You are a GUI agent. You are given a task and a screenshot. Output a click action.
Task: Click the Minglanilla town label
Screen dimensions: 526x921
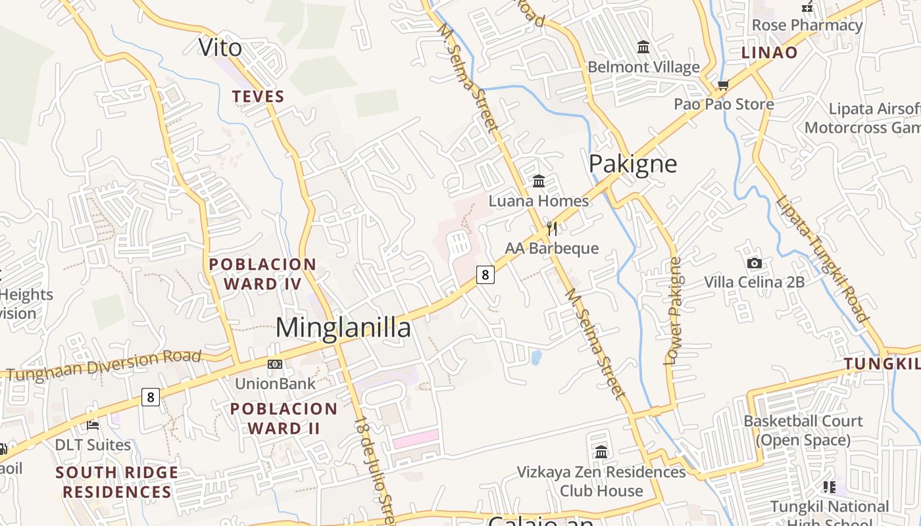pos(343,327)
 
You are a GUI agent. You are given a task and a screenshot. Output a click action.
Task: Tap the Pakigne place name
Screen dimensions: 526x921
pos(632,164)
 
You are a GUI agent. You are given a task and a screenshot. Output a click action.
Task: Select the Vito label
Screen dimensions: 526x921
pos(220,47)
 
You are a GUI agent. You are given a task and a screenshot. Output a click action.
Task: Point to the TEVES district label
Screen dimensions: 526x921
pos(258,97)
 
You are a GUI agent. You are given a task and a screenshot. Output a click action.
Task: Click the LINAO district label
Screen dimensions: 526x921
pos(770,53)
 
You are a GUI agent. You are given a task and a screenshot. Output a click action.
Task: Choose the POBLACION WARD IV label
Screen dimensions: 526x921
pos(262,274)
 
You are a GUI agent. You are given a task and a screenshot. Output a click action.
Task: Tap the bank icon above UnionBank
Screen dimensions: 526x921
pos(275,364)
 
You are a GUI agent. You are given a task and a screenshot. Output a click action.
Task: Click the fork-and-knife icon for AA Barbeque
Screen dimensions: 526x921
pos(552,229)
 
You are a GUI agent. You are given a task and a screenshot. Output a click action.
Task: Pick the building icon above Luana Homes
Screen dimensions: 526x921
pos(539,181)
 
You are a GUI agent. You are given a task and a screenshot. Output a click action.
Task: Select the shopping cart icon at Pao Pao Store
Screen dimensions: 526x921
pos(724,85)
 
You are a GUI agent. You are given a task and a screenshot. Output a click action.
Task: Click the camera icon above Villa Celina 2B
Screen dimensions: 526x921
pos(755,263)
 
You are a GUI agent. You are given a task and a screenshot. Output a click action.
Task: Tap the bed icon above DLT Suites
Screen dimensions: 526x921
pos(93,425)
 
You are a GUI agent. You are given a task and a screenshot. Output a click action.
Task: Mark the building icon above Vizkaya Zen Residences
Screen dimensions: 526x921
pos(601,452)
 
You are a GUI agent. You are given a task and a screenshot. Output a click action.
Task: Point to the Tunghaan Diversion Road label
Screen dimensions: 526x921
pos(104,366)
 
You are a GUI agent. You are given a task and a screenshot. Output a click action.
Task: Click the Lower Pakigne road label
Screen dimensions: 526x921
pos(674,310)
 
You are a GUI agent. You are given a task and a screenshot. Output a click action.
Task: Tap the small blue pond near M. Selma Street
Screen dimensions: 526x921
pos(536,358)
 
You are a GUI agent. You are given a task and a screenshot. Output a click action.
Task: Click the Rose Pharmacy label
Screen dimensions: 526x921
pos(807,25)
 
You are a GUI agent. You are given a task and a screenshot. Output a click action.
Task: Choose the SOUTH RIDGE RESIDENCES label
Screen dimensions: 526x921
pos(116,482)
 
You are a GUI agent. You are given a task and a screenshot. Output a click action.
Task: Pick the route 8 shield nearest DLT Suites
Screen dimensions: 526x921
pos(151,397)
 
